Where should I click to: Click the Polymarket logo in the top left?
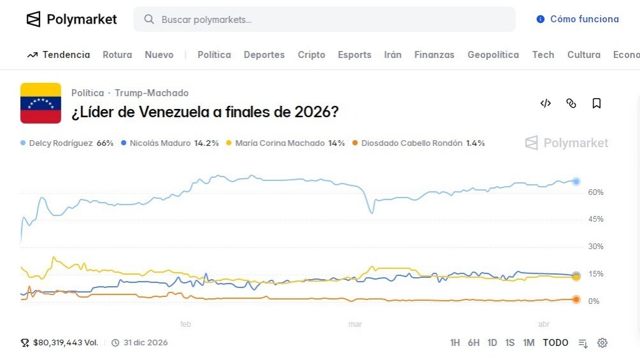71,19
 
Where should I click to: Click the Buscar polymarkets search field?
324,20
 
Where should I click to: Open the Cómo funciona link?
578,19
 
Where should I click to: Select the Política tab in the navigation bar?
214,55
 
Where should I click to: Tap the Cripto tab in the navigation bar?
311,55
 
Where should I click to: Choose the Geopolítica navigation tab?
493,55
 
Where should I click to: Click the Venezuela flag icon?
41,103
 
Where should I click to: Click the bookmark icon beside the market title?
596,103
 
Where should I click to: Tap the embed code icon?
545,103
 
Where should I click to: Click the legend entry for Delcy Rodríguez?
67,143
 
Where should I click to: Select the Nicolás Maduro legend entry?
169,143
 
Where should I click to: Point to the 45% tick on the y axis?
595,219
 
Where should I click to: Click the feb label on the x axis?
185,324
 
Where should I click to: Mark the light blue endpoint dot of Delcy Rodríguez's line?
576,182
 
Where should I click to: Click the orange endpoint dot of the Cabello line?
576,299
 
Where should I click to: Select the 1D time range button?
492,343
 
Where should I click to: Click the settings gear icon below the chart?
602,343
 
